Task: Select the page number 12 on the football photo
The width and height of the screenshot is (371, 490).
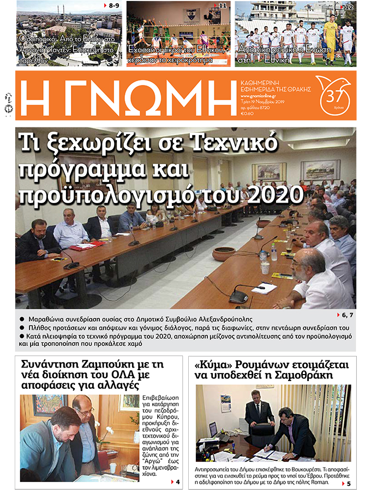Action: pos(349,7)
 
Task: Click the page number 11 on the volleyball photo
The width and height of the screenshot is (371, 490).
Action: pos(222,6)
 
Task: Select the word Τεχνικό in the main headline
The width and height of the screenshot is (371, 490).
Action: pos(234,143)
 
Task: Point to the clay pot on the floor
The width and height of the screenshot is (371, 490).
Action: pos(223,253)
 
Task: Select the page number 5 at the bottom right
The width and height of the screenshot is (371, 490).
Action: pos(348,483)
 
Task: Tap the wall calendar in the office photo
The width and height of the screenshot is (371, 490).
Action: pos(225,403)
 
